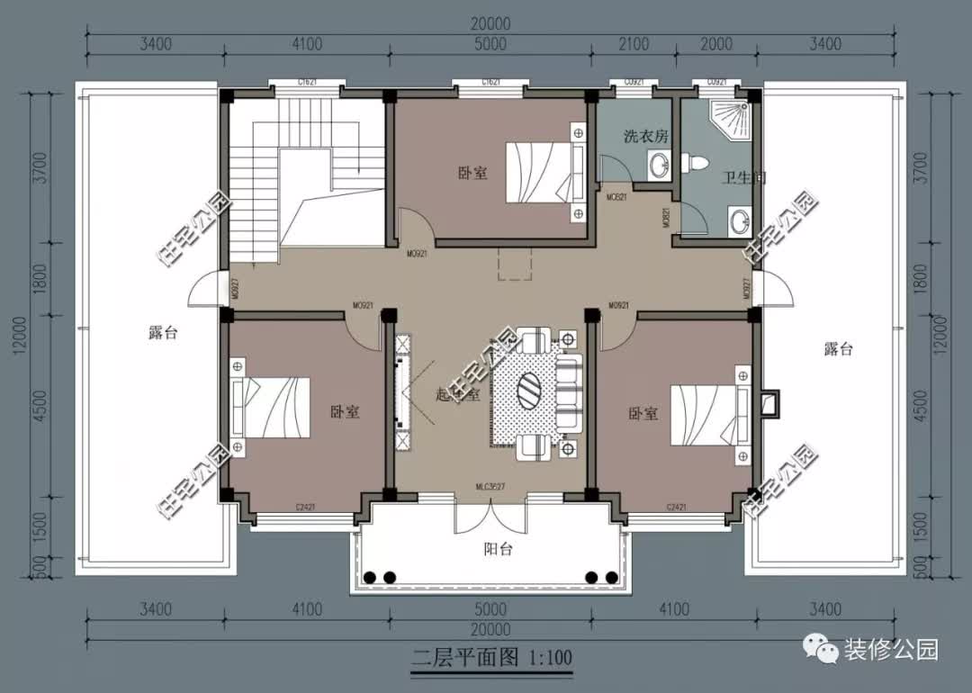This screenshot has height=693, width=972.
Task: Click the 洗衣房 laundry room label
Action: coord(645,137)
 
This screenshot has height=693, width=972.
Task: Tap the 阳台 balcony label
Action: coord(498,549)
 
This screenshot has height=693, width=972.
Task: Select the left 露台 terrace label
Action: coord(163,333)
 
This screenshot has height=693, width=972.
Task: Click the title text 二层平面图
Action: coord(452,657)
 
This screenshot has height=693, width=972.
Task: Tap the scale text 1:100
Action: coord(545,657)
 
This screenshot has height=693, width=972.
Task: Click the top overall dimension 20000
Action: coord(490,24)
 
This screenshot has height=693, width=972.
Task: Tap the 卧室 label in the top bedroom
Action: coord(472,173)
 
